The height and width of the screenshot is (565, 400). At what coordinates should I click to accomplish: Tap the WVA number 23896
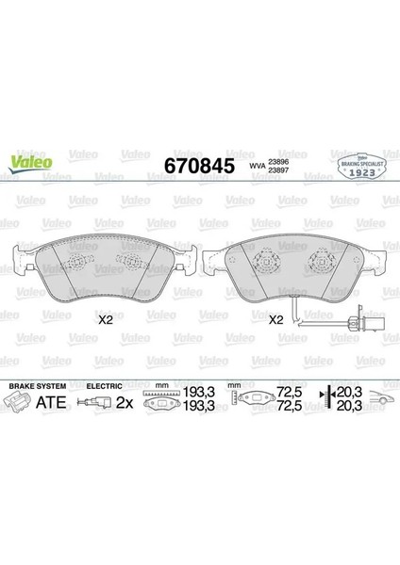[x=280, y=160]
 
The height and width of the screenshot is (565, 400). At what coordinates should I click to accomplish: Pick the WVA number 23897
[x=280, y=170]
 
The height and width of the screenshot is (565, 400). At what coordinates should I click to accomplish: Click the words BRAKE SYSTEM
[x=36, y=386]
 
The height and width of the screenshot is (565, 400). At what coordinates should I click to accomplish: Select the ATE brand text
[x=51, y=403]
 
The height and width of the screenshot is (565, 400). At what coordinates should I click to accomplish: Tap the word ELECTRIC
[x=104, y=386]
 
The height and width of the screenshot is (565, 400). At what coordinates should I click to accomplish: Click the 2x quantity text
[x=124, y=403]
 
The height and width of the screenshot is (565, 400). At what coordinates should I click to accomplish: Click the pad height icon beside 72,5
[x=258, y=402]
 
